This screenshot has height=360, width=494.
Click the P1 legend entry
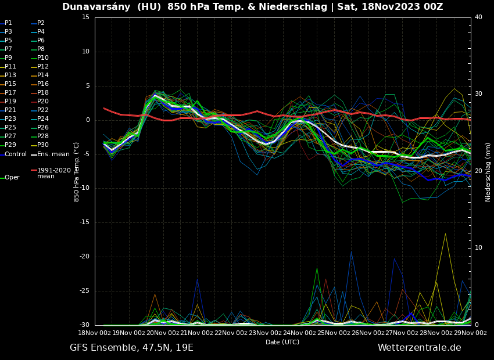8,23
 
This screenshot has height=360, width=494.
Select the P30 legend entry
43,145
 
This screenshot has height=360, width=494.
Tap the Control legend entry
16,154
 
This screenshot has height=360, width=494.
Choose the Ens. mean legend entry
53,154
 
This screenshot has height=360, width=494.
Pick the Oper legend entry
12,178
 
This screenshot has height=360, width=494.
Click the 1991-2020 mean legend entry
53,173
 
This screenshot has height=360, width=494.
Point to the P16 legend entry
43,84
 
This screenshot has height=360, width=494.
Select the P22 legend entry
43,110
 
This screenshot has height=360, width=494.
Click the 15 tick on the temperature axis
85,17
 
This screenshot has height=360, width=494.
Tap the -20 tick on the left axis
84,257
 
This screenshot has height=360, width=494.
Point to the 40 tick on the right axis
478,17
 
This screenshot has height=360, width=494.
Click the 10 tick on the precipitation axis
478,248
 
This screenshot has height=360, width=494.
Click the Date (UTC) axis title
282,343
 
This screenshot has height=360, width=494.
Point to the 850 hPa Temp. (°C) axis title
77,171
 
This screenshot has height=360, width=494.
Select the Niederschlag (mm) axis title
488,172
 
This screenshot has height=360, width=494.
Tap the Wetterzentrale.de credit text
419,348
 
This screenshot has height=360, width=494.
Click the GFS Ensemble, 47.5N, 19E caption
131,348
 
